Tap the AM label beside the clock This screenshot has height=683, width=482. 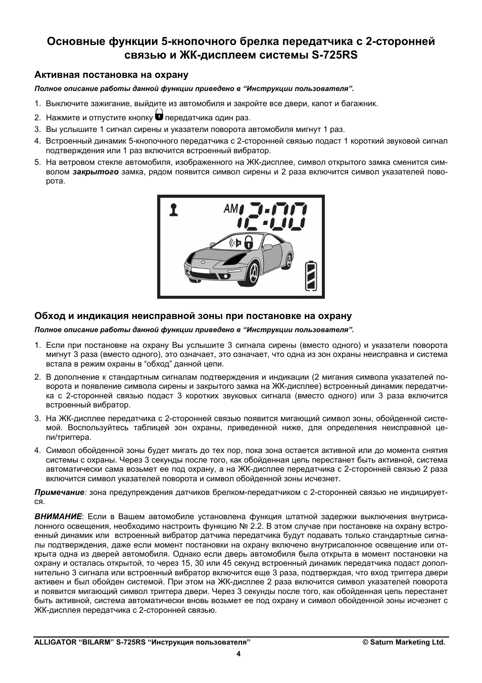click(x=230, y=208)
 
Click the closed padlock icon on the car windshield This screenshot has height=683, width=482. click(x=248, y=242)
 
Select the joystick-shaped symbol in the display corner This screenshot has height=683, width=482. click(x=174, y=209)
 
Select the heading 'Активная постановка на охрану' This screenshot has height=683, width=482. click(x=111, y=75)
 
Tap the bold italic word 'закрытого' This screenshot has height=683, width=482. click(x=95, y=172)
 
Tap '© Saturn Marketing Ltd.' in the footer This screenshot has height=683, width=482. click(x=404, y=642)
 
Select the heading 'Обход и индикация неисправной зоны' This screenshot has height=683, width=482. click(x=192, y=316)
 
